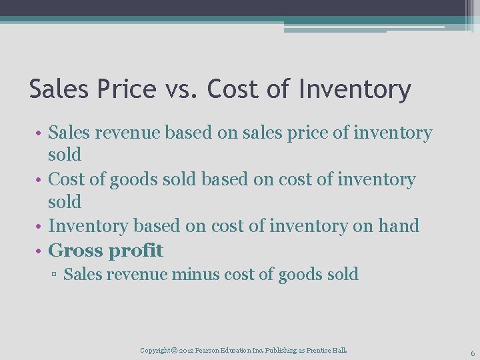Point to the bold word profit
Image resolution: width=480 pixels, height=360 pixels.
136,251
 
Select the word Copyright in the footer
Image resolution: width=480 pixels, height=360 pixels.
155,350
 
